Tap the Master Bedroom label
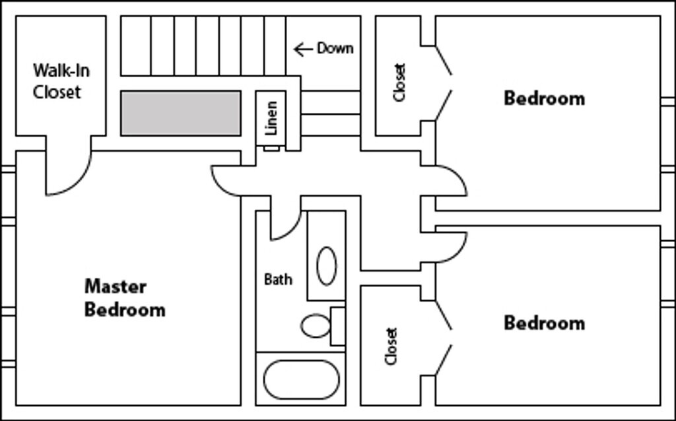click(x=124, y=298)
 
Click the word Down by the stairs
click(x=335, y=48)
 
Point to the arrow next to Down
click(x=303, y=49)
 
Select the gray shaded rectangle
click(x=180, y=113)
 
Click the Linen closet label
click(x=271, y=117)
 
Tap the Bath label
click(x=278, y=279)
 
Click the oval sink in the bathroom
click(x=326, y=265)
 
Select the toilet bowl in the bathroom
click(x=316, y=325)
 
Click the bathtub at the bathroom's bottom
click(x=301, y=379)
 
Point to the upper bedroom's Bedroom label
click(x=544, y=98)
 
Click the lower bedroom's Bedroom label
click(x=544, y=323)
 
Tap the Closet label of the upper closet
click(x=399, y=82)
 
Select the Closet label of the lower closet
click(x=391, y=346)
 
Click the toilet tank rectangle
click(x=337, y=326)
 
